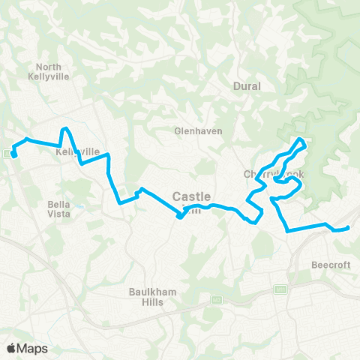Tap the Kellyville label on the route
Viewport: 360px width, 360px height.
point(78,151)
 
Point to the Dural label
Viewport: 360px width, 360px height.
point(247,86)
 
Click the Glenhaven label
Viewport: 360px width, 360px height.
point(194,130)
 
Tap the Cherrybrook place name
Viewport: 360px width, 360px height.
point(274,175)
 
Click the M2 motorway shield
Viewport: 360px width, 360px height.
point(280,289)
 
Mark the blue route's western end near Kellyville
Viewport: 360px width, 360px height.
point(14,156)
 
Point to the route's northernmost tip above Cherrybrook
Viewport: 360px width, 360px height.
point(301,139)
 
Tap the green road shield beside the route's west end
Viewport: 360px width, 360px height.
point(7,154)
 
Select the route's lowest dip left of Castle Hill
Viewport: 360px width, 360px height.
point(180,217)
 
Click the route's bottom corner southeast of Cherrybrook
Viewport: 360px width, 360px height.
point(288,231)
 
